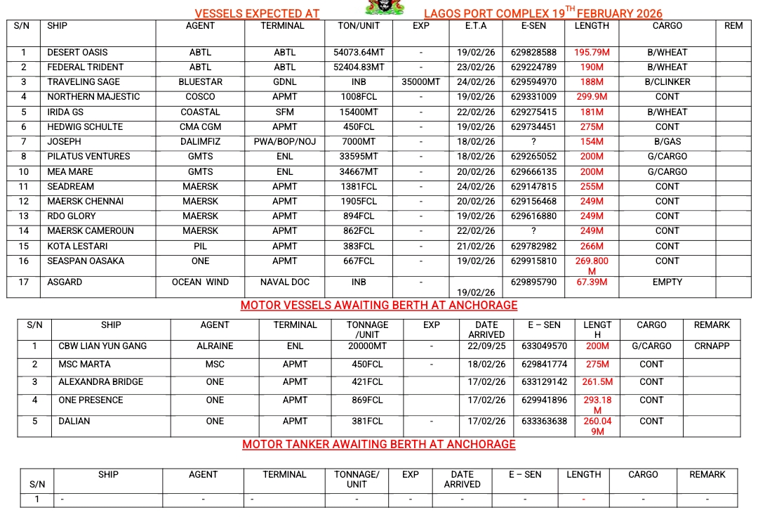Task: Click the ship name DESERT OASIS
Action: pyautogui.click(x=77, y=53)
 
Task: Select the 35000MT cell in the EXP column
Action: pyautogui.click(x=421, y=82)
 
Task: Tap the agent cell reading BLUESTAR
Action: pyautogui.click(x=200, y=82)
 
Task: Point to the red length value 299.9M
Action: pyautogui.click(x=592, y=97)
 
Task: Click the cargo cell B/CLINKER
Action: pyautogui.click(x=667, y=82)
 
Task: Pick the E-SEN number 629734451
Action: pyautogui.click(x=533, y=127)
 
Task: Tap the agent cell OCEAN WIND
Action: pyautogui.click(x=200, y=282)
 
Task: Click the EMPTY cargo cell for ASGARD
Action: pyautogui.click(x=667, y=282)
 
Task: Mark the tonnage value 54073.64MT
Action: pyautogui.click(x=359, y=53)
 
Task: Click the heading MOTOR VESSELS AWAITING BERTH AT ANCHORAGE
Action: pyautogui.click(x=379, y=306)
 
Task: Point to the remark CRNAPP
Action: pyautogui.click(x=712, y=346)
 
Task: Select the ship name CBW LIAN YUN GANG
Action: pyautogui.click(x=102, y=346)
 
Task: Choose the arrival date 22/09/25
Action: pyautogui.click(x=486, y=346)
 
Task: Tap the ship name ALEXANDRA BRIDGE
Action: pyautogui.click(x=101, y=382)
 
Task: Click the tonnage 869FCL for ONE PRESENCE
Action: pyautogui.click(x=367, y=400)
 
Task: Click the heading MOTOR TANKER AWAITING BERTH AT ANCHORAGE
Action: pyautogui.click(x=379, y=445)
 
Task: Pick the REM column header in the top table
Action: pyautogui.click(x=733, y=26)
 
